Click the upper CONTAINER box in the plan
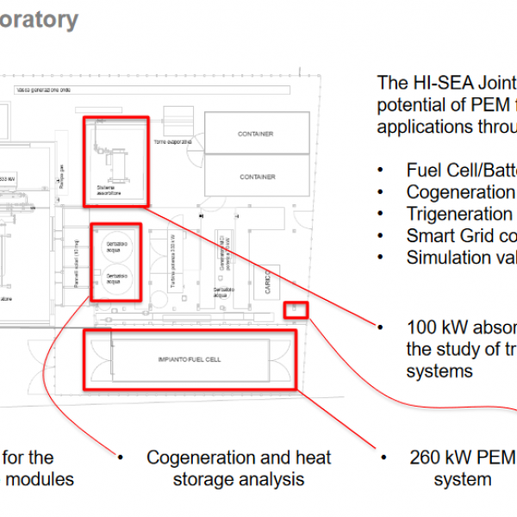255,134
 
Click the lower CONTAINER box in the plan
255,177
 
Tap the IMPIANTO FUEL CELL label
190,357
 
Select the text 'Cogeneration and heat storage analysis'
238,468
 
